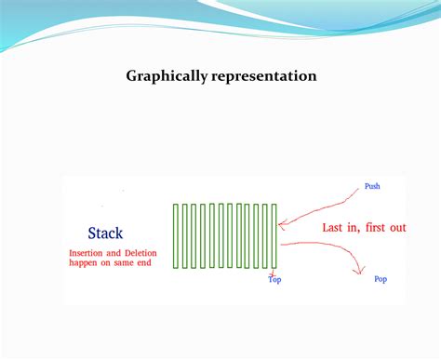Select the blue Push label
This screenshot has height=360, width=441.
[371, 186]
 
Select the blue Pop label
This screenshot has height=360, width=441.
[380, 279]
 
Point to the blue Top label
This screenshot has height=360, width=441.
[274, 279]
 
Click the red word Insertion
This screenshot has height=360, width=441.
[90, 252]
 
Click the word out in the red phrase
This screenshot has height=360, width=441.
[397, 227]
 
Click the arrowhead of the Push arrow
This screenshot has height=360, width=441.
[281, 223]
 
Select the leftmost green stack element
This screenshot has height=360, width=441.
[177, 236]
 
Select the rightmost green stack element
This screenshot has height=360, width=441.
[273, 236]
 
